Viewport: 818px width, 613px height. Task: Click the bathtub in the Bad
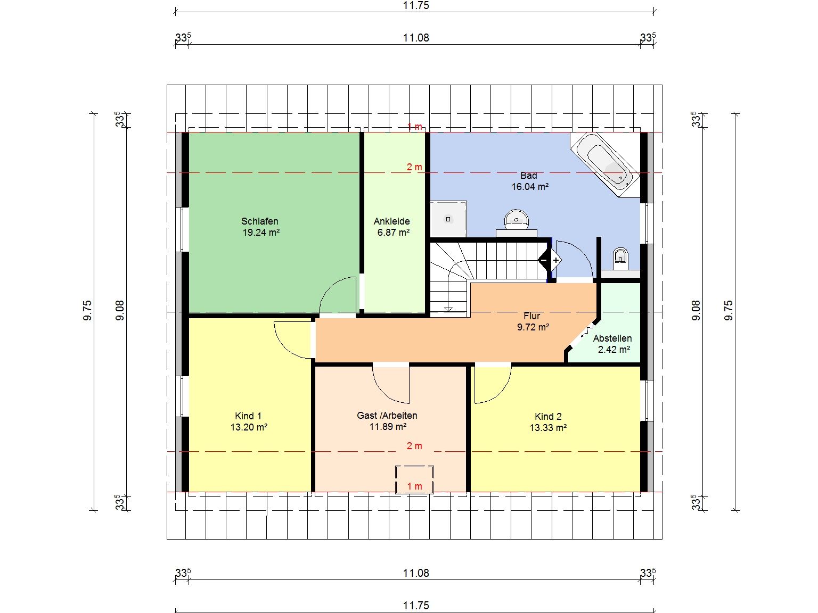(605, 165)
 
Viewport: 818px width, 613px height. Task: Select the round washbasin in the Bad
(516, 220)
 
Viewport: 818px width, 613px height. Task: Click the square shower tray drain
(448, 219)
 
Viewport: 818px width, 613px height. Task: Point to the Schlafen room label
(260, 221)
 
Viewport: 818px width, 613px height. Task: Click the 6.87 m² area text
(394, 233)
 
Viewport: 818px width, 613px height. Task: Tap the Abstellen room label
(612, 338)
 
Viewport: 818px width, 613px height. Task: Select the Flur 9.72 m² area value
(533, 327)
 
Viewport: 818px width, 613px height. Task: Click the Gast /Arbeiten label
(387, 416)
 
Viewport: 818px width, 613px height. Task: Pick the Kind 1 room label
(248, 416)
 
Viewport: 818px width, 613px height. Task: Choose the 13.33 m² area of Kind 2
(548, 428)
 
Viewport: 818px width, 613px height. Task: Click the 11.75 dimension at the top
(416, 5)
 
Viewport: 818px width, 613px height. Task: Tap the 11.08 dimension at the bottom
(416, 573)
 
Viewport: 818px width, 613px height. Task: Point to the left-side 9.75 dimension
(87, 310)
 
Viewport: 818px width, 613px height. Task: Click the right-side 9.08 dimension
(696, 310)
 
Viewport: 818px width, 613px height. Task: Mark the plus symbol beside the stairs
(555, 260)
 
